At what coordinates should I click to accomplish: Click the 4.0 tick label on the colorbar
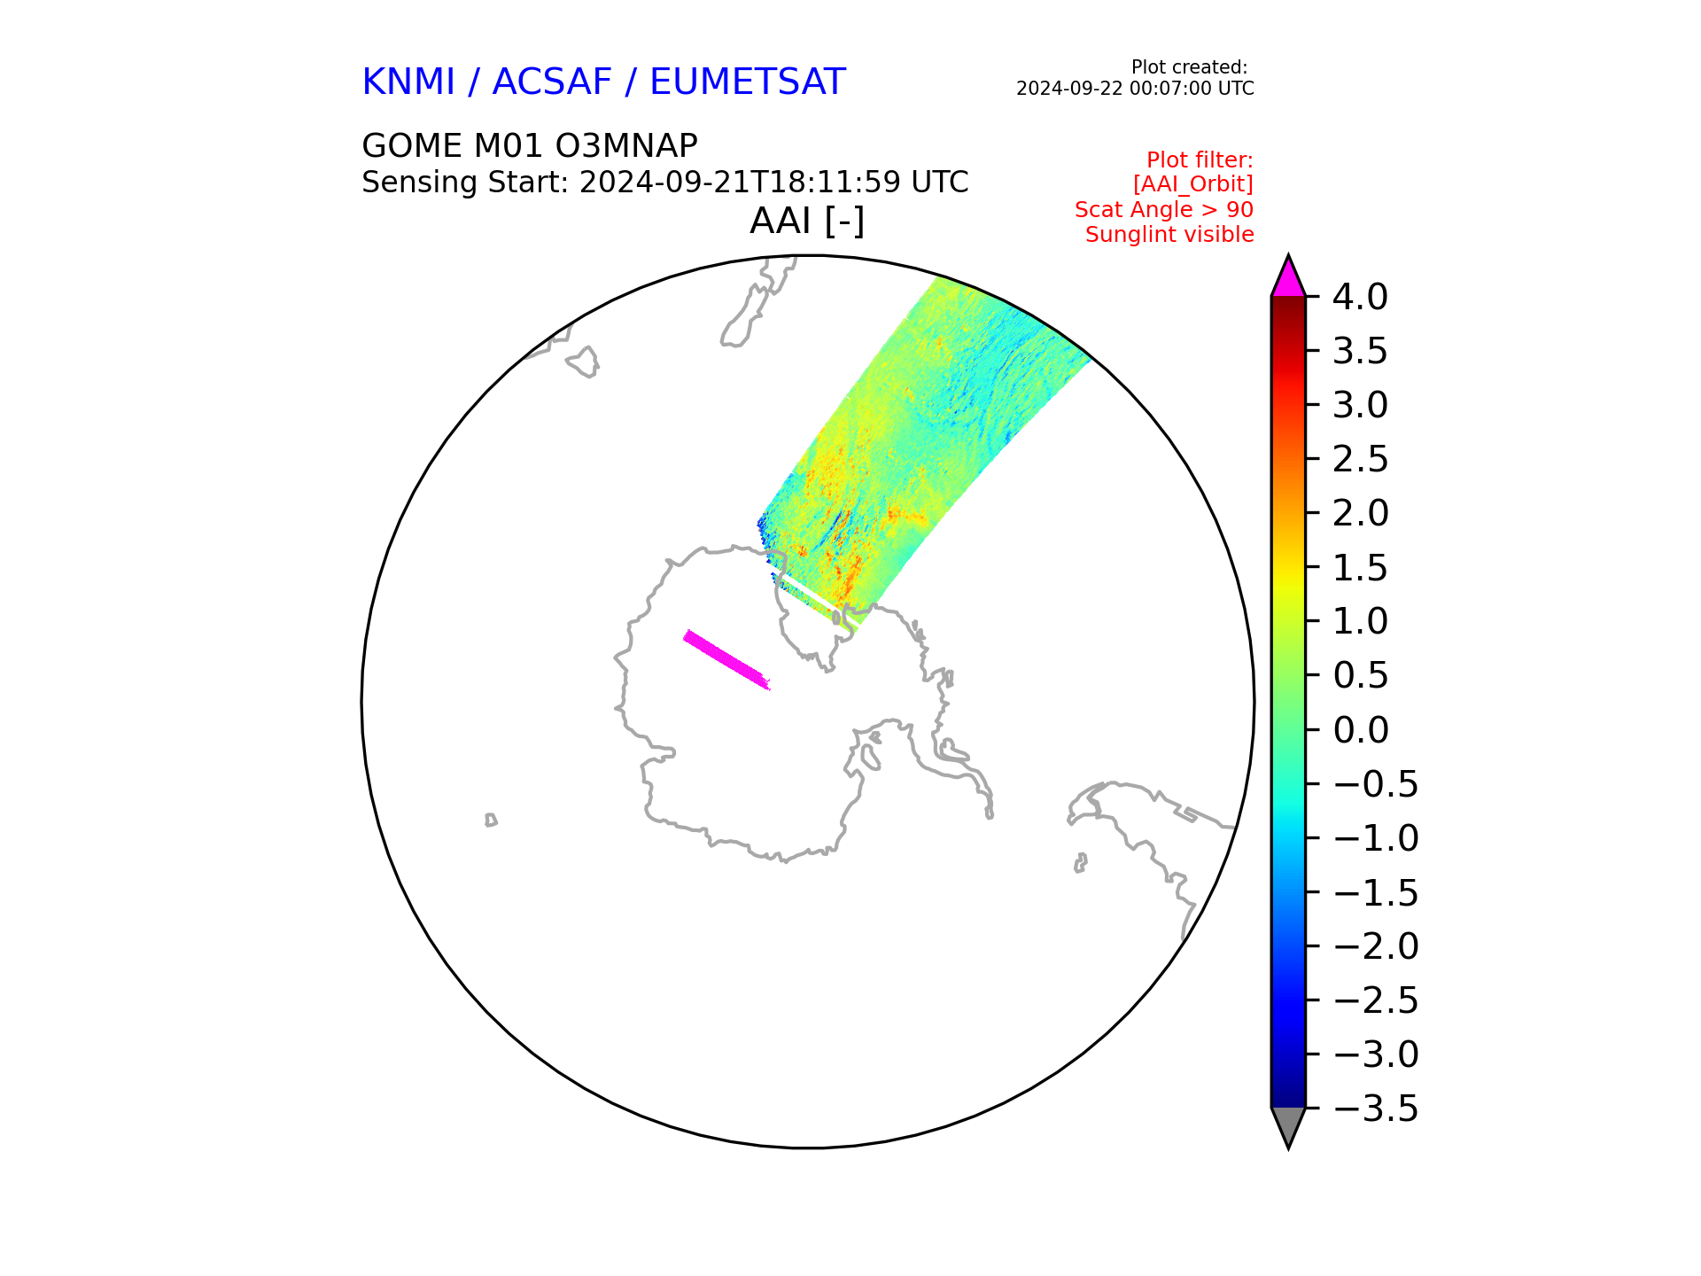1360,297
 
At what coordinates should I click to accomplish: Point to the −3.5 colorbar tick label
1376,1109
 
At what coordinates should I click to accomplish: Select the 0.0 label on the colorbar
1360,730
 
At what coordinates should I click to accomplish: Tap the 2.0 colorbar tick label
1360,513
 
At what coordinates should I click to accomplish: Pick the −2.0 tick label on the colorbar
1376,946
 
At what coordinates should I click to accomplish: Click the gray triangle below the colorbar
1288,1125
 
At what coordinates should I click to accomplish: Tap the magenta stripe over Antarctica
726,659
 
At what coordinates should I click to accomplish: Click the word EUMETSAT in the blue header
748,82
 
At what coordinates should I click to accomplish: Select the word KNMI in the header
408,82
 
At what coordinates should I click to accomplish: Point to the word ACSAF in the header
552,82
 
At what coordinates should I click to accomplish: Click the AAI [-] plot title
807,221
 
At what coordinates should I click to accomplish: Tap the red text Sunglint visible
1169,235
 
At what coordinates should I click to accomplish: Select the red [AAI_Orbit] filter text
1193,184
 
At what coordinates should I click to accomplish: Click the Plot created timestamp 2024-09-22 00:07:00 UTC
1135,89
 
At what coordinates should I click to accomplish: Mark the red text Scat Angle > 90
1164,210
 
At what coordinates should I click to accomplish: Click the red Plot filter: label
1200,159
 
